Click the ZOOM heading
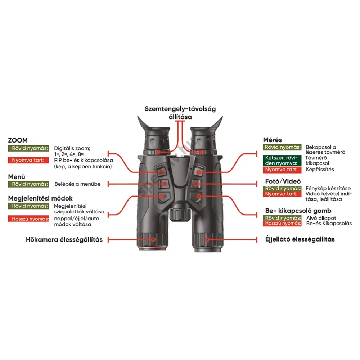pos(18,140)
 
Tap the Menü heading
pos(17,177)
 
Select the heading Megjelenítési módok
pos(40,198)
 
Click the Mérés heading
pos(272,140)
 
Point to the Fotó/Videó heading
pos(283,181)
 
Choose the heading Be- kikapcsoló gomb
pos(298,211)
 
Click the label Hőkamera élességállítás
pos(64,240)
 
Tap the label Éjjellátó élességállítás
pos(300,239)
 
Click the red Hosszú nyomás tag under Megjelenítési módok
pos(28,219)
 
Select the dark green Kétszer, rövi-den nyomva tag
pos(282,161)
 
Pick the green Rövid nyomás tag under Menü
pos(28,184)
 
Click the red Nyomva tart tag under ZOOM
pos(28,160)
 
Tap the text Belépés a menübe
pos(78,184)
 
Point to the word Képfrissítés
pos(320,170)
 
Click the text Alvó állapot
pos(321,218)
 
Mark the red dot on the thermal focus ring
pos(153,240)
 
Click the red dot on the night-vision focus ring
pos(207,240)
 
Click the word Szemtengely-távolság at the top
pos(180,109)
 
